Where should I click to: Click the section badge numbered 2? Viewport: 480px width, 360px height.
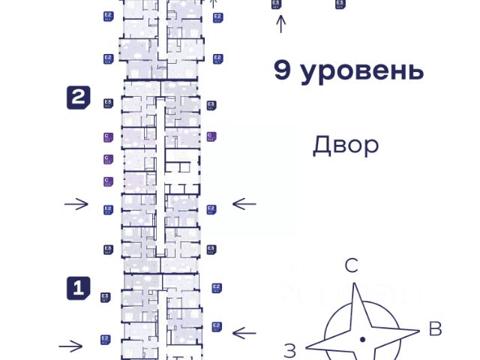[79, 97]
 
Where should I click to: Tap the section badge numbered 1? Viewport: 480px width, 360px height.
[79, 288]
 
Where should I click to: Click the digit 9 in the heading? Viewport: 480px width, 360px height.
[283, 71]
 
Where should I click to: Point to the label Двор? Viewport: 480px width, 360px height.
[346, 145]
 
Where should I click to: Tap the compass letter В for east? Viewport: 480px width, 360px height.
[434, 328]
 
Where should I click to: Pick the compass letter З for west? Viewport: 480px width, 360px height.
[291, 349]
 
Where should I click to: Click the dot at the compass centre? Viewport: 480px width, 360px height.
[362, 340]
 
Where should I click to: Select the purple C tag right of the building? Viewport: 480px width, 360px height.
[211, 136]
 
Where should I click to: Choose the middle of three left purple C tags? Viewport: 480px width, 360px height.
[107, 160]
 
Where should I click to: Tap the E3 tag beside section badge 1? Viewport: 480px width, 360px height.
[106, 297]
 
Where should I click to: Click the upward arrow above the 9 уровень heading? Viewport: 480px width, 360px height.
[281, 25]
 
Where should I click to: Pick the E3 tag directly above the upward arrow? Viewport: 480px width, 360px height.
[276, 4]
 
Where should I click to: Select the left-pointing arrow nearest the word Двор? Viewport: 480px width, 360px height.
[244, 203]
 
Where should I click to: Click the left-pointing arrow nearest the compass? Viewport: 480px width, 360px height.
[244, 332]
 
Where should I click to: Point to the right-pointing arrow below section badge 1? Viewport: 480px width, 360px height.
[71, 346]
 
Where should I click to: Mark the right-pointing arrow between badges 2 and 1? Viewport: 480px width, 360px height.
[76, 204]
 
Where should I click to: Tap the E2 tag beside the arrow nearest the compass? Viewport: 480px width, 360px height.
[217, 326]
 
